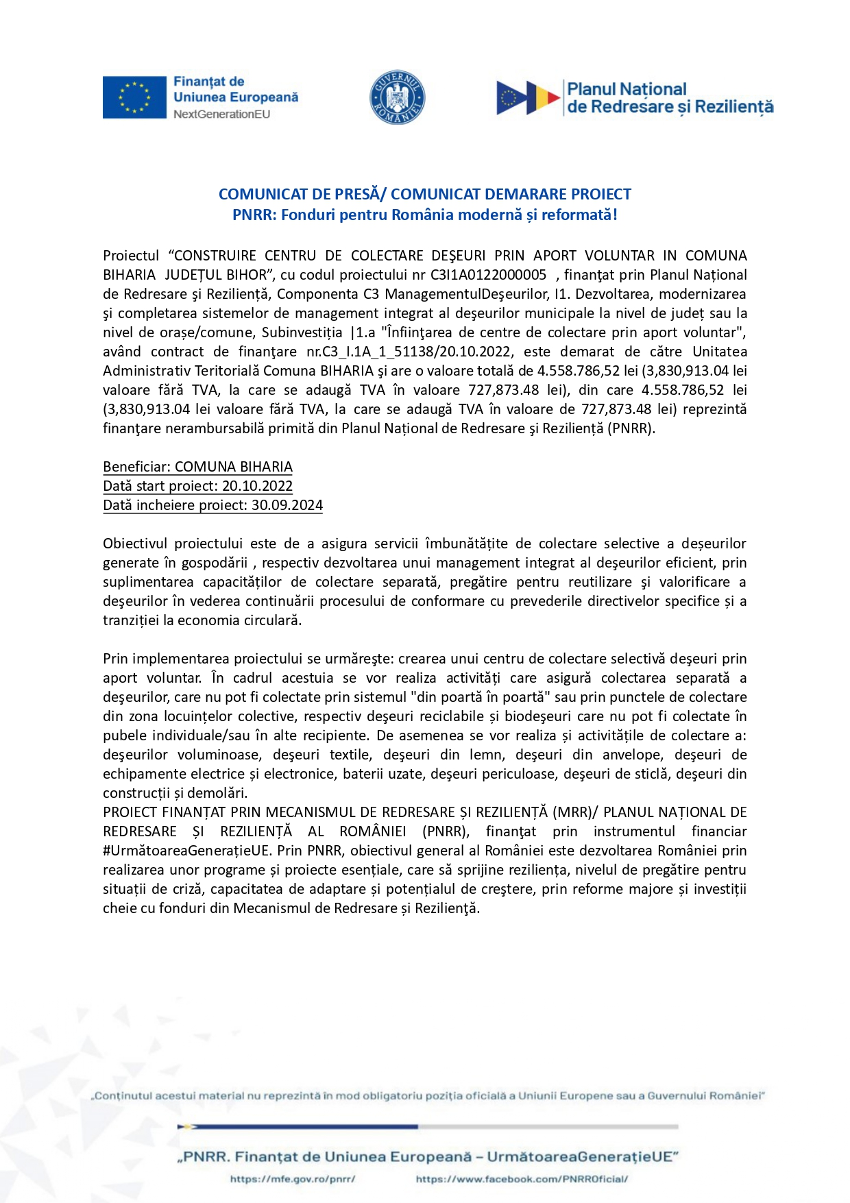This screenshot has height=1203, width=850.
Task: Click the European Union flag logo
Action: point(134,97)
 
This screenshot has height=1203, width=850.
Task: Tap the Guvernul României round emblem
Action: point(398,97)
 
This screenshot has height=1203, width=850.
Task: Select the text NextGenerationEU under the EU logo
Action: point(221,114)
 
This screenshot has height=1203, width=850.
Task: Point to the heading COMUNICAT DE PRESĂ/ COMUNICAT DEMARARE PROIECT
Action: point(425,194)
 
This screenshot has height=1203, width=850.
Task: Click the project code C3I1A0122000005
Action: point(488,275)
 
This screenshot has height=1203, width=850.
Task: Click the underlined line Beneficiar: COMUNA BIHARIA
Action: point(197,467)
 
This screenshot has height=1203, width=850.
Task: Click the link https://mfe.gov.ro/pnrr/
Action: point(293,1179)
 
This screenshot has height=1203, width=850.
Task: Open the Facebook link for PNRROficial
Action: point(522,1179)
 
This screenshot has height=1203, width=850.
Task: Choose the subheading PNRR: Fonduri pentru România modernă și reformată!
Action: point(425,215)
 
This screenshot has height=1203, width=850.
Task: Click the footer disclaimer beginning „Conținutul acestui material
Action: point(428,1096)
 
